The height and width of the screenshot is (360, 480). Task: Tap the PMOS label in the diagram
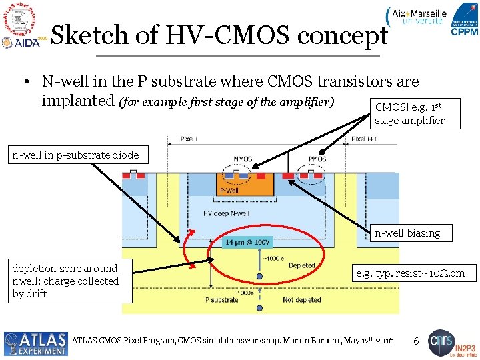pos(317,159)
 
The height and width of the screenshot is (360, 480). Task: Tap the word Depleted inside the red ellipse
pos(301,265)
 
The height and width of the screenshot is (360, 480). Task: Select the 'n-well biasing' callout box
pos(407,233)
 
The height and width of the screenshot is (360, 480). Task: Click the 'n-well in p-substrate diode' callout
pos(75,155)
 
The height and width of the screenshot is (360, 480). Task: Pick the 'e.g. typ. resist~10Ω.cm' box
pos(415,273)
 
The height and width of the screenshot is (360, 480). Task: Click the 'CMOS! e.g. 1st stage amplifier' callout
pos(409,113)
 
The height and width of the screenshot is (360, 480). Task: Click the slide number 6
pos(415,341)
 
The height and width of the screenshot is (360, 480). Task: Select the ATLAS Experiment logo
pos(35,343)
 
